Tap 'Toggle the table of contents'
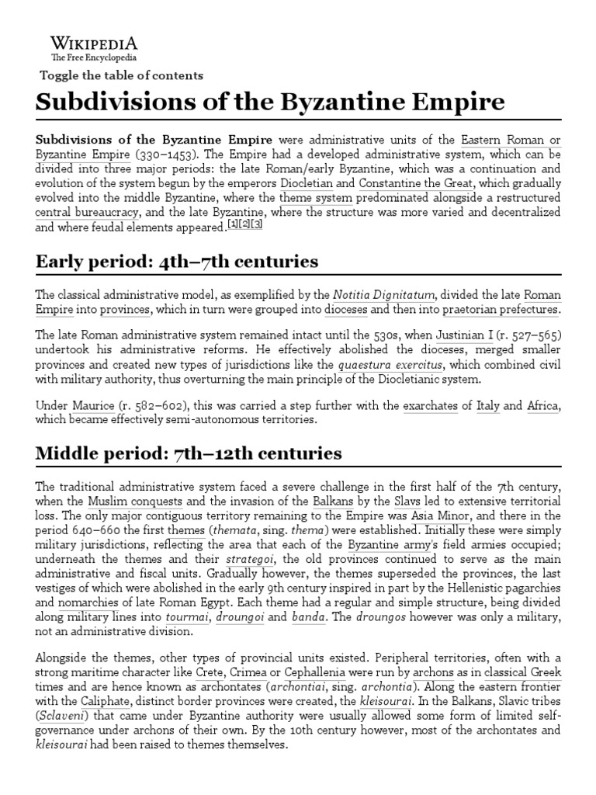pos(121,75)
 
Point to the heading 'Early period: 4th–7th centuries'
pos(177,261)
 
